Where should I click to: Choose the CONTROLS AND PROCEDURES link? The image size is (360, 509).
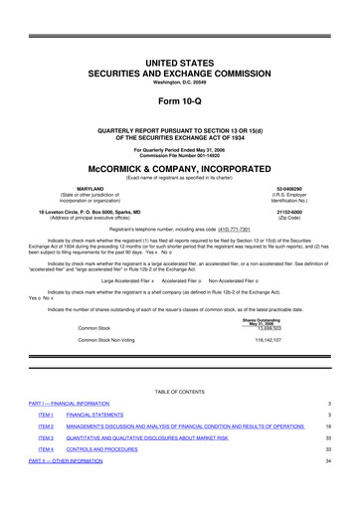tap(115, 477)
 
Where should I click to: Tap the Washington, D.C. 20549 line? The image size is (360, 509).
tap(179, 53)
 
